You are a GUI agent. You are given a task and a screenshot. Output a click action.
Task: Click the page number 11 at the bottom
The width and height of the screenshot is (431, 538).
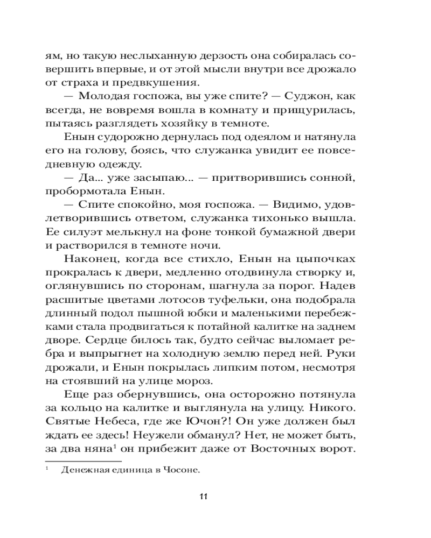point(204,496)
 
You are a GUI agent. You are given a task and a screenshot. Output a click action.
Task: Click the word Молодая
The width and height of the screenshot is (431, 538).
point(99,97)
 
